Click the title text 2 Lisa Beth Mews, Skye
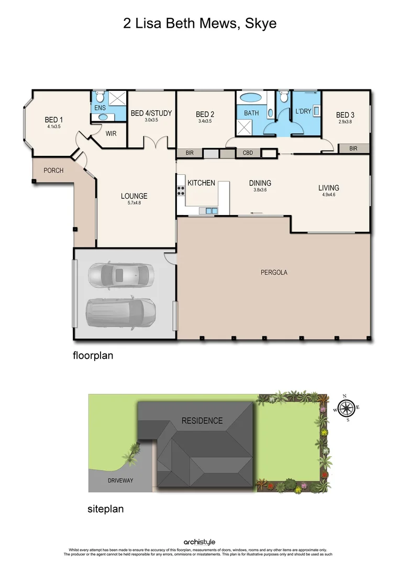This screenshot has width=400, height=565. pyautogui.click(x=199, y=24)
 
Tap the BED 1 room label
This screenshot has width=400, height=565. pyautogui.click(x=54, y=119)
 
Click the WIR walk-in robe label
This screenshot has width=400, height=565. pyautogui.click(x=110, y=133)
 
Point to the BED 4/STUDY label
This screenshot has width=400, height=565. pyautogui.click(x=151, y=113)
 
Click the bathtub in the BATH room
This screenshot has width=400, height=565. pyautogui.click(x=251, y=98)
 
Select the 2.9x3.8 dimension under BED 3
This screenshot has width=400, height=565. pyautogui.click(x=346, y=122)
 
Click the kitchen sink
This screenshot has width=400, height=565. pyautogui.click(x=211, y=211)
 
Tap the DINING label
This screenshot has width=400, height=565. pyautogui.click(x=260, y=183)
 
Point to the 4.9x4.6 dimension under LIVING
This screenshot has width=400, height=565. pyautogui.click(x=328, y=195)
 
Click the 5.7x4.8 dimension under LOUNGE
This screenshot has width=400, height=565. pyautogui.click(x=134, y=203)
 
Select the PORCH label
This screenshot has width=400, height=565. pyautogui.click(x=53, y=170)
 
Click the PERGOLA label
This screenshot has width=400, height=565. pyautogui.click(x=274, y=272)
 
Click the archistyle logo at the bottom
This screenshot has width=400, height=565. pyautogui.click(x=199, y=543)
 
